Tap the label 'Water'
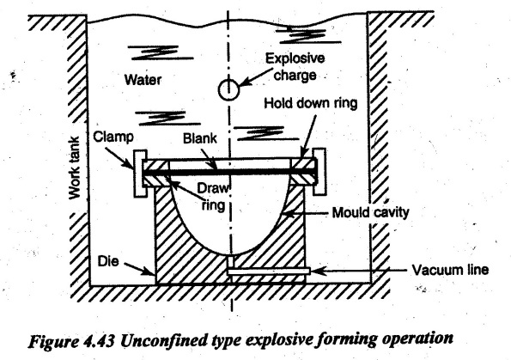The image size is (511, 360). [x=143, y=80]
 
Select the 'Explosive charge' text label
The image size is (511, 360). [x=295, y=67]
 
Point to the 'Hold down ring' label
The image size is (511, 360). [x=311, y=103]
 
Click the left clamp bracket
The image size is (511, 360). [x=140, y=174]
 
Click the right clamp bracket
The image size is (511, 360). [x=319, y=172]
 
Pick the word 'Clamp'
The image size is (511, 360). [x=113, y=137]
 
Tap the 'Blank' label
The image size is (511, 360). [x=199, y=138]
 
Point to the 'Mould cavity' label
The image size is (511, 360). [x=370, y=212]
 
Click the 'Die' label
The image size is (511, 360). [x=108, y=261]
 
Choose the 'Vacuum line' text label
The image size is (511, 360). [x=450, y=270]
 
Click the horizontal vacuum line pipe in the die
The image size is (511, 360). [x=268, y=271]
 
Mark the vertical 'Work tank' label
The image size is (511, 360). [x=75, y=168]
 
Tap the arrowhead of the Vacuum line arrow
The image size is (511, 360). [x=315, y=271]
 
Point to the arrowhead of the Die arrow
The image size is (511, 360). [x=150, y=272]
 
